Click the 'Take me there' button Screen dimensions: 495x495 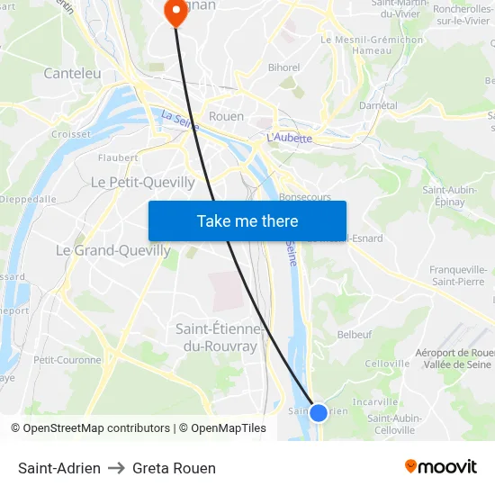coord(247,220)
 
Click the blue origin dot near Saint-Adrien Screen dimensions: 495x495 coord(319,413)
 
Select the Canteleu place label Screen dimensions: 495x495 coord(72,73)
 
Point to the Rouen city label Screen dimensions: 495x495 coord(226,116)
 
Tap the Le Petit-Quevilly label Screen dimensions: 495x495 coord(143,182)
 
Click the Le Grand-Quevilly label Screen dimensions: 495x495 coord(113,250)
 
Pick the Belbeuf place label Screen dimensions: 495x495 coord(354,334)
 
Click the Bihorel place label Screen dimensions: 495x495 coord(283,67)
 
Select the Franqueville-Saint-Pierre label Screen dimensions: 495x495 coord(458,275)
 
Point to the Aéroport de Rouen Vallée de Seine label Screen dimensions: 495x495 coord(454,357)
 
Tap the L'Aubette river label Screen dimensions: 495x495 coord(289,138)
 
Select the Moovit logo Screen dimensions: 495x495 coord(441,466)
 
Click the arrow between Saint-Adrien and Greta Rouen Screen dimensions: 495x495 coord(116,468)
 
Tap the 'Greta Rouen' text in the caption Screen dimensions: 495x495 coord(174,468)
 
